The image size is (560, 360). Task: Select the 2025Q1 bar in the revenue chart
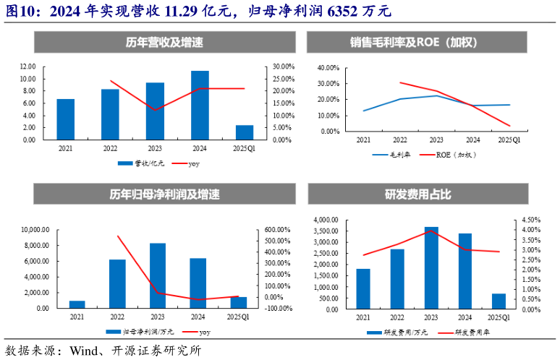245,132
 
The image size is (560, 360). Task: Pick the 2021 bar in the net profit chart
77,304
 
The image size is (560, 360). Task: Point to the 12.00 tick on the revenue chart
27,66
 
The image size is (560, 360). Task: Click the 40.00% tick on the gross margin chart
328,67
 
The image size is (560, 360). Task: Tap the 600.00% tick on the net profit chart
277,230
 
